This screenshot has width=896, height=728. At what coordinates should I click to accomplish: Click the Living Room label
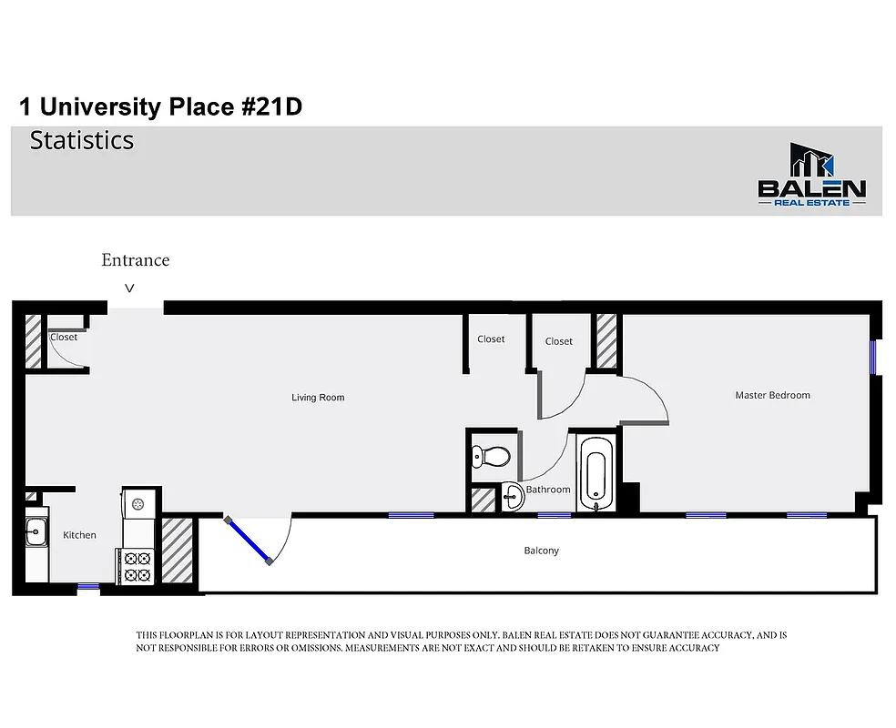click(318, 398)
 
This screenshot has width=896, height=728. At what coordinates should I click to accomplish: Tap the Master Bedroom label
click(772, 395)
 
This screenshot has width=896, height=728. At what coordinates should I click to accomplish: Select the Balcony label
click(541, 551)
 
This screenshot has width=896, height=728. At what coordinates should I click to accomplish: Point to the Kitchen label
click(79, 535)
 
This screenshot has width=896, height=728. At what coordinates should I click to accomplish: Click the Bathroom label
click(548, 490)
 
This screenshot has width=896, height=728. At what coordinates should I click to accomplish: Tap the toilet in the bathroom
click(483, 455)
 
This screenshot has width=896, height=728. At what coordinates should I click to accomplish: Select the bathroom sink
click(512, 497)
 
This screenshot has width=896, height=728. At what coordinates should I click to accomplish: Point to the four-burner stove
click(137, 566)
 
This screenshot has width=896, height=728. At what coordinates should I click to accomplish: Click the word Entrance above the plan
click(135, 260)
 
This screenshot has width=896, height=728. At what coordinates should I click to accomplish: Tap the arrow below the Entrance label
click(129, 288)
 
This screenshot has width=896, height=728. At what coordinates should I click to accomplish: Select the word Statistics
click(82, 141)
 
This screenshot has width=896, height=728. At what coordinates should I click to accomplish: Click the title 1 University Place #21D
click(160, 107)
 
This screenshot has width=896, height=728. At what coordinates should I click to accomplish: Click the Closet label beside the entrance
click(64, 337)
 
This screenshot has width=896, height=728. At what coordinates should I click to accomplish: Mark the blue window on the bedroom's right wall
click(873, 357)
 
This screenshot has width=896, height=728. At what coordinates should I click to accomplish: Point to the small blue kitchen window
click(87, 587)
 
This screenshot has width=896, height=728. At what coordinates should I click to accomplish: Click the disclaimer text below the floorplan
click(461, 642)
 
